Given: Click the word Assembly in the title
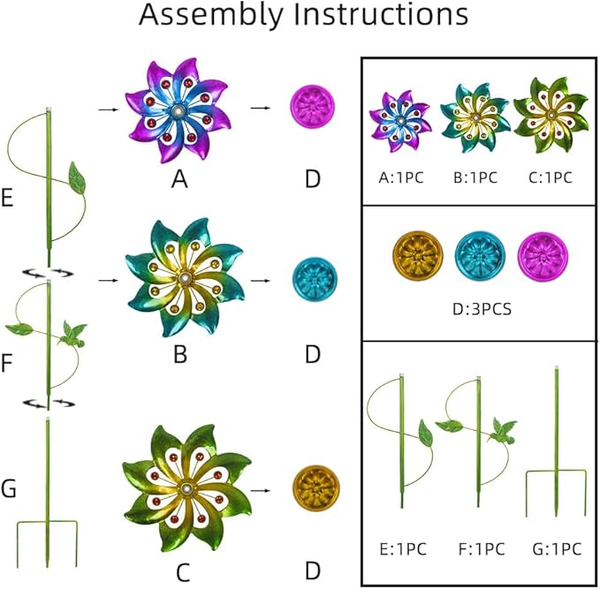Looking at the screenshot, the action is [x=211, y=15].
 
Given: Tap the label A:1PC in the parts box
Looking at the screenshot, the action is [x=401, y=177].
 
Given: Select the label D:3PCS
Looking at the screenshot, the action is [x=482, y=309].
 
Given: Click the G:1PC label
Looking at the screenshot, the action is [x=557, y=549].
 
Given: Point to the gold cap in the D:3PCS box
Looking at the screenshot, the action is [x=418, y=255].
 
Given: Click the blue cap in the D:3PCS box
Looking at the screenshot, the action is [x=480, y=255].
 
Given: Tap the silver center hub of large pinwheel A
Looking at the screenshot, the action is [x=178, y=111].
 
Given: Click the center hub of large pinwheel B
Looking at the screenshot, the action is [x=186, y=278].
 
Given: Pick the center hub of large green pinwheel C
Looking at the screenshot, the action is [x=187, y=489].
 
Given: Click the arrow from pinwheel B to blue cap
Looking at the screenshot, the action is [x=260, y=281].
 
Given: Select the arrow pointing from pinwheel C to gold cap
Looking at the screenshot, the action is [x=260, y=490].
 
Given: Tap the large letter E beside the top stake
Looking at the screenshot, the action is [x=7, y=198].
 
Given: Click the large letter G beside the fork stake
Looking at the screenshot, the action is [x=9, y=488].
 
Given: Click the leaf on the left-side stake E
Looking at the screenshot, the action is [x=77, y=177].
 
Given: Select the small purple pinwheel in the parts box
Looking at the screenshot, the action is [x=400, y=122].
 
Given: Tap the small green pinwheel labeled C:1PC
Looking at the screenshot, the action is [x=551, y=115].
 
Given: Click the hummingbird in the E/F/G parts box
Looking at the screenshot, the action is [x=503, y=430].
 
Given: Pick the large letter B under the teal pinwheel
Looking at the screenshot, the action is [x=180, y=354].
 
